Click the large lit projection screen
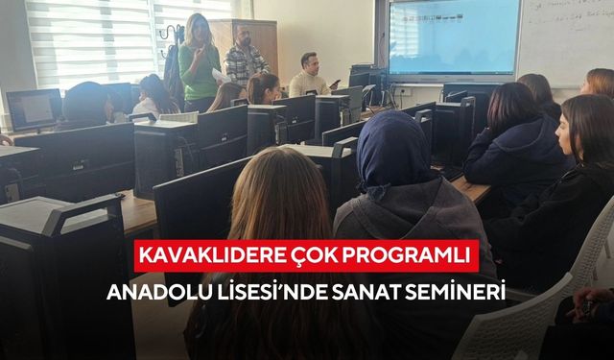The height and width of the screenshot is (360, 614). (453, 38)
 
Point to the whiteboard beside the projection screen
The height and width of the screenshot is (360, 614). (566, 43)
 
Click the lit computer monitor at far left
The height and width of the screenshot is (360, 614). (31, 108)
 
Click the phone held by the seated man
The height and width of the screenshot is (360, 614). (334, 84)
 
